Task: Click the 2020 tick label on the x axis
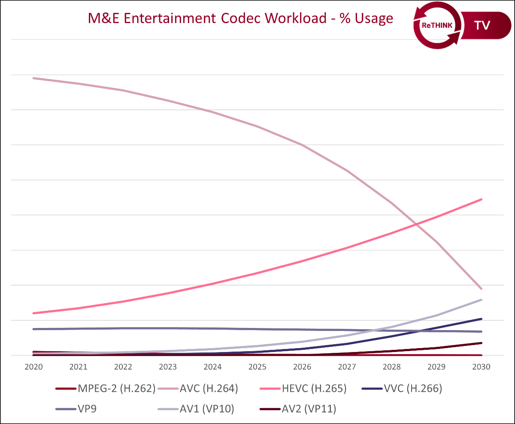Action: click(33, 367)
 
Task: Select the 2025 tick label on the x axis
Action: click(257, 367)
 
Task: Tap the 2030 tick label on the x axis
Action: click(481, 367)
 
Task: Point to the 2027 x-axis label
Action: click(347, 367)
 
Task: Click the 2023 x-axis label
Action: click(168, 367)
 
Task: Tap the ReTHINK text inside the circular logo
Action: click(436, 26)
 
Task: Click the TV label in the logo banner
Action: click(482, 25)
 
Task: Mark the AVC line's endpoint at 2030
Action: click(482, 289)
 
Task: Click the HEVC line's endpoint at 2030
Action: click(482, 199)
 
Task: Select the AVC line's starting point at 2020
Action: click(33, 78)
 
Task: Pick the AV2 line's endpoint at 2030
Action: click(482, 343)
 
